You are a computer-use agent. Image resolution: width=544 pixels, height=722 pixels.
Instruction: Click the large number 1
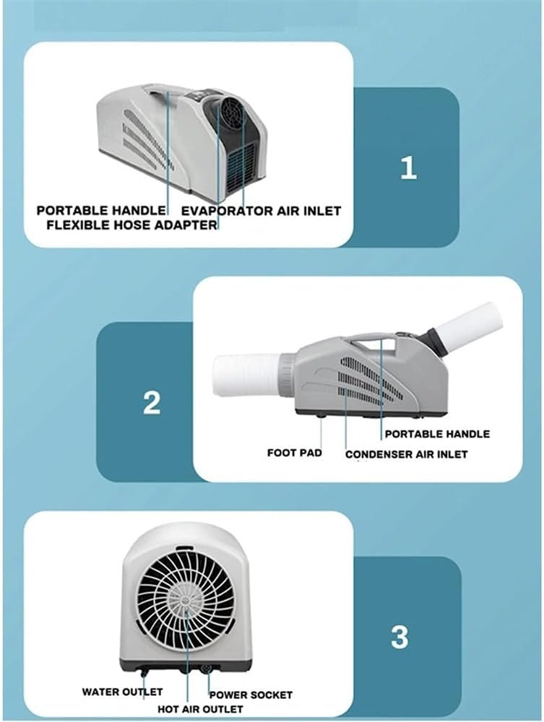409,168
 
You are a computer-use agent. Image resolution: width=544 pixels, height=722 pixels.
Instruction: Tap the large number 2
152,402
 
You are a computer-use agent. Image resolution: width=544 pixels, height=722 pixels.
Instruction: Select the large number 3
400,637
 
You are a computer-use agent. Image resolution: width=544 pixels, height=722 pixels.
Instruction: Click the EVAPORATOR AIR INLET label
261,211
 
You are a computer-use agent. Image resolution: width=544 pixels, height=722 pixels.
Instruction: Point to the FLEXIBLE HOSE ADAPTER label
131,225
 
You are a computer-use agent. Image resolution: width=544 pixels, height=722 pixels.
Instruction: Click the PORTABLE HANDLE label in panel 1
101,210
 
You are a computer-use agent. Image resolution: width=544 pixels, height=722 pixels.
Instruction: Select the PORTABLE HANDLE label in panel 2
437,434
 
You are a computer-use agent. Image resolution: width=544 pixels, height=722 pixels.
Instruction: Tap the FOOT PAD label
294,453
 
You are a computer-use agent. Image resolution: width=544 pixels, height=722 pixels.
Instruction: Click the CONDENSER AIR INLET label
406,454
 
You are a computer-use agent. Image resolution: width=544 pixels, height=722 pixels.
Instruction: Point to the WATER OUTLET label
122,692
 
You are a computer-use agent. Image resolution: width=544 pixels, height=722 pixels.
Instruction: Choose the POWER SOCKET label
251,695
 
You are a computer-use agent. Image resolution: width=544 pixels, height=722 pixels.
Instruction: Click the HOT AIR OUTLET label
200,709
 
